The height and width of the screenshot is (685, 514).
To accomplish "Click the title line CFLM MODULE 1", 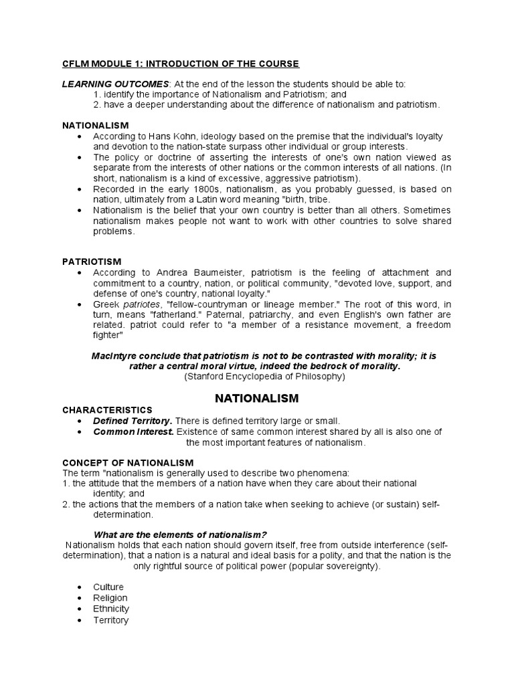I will (181, 64).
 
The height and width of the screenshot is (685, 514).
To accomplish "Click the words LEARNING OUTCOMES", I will (114, 84).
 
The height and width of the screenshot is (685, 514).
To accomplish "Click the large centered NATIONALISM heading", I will (256, 398).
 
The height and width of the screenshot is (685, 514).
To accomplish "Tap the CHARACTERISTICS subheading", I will (107, 409).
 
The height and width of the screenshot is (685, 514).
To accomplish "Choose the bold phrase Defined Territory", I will (133, 420).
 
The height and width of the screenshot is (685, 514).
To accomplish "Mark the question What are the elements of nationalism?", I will (180, 533).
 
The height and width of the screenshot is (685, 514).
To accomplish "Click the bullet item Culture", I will (108, 587).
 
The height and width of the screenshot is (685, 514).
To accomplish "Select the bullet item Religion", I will (110, 597).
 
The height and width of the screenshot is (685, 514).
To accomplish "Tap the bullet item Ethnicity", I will (111, 609).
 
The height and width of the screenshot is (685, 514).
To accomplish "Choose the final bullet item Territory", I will (111, 620).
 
